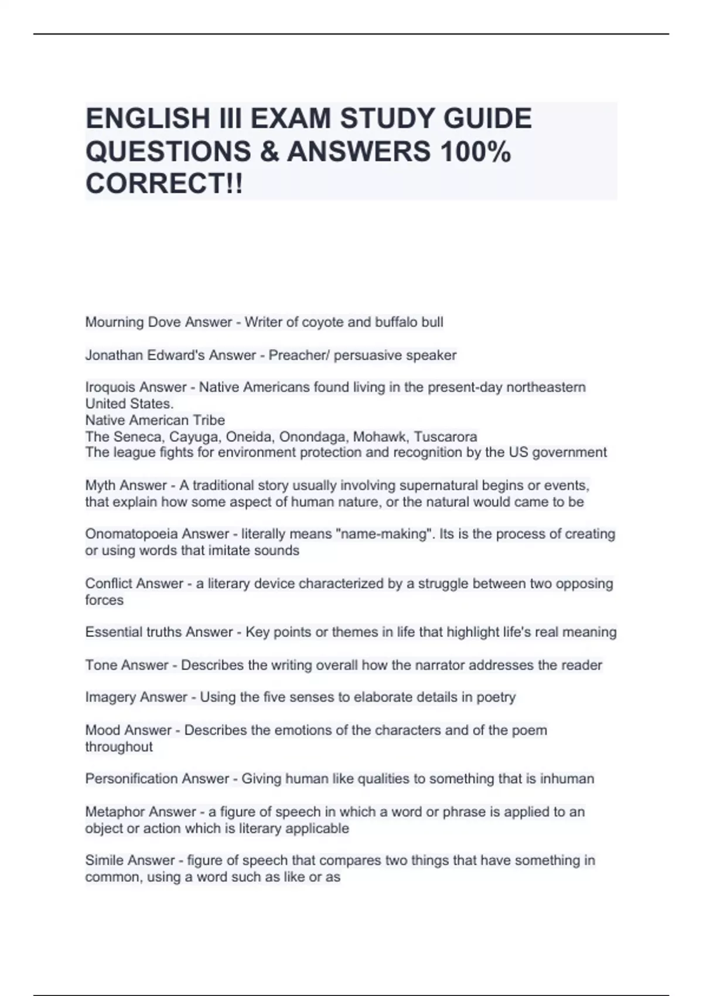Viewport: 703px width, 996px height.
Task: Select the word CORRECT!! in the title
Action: (163, 185)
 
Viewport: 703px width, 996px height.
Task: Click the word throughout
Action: (118, 747)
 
